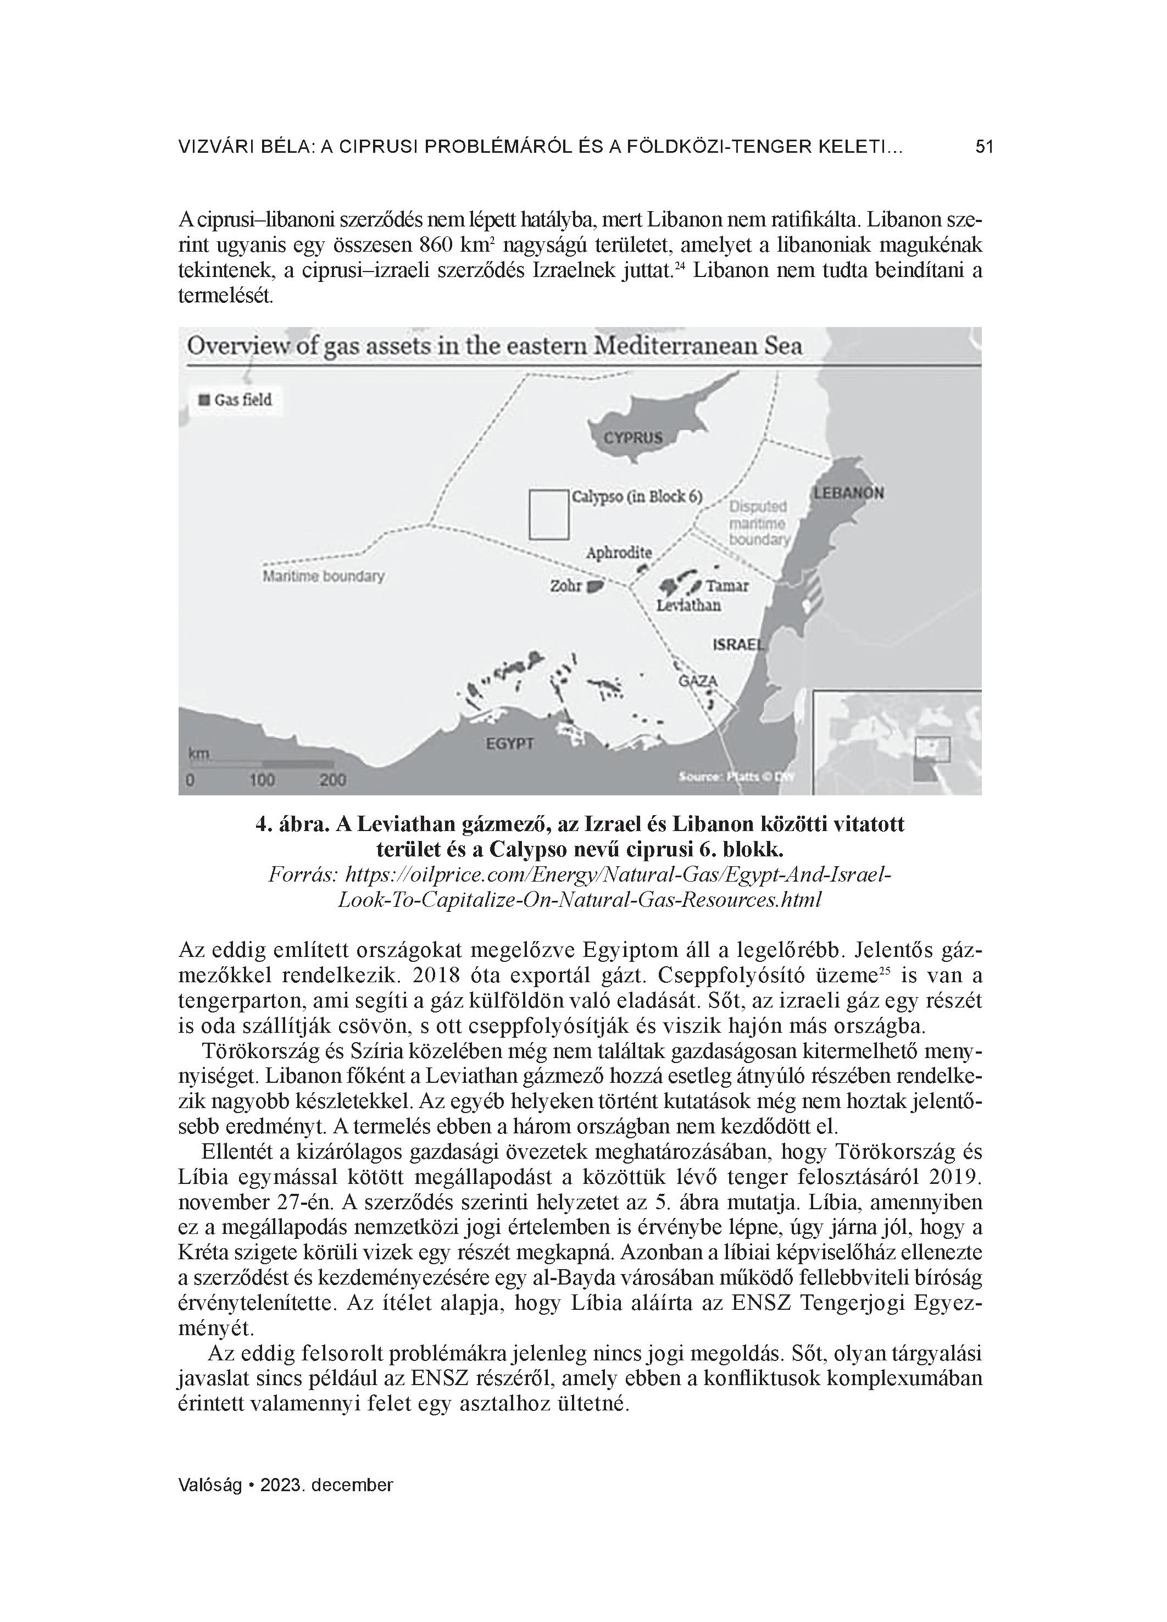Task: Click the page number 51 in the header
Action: pyautogui.click(x=984, y=147)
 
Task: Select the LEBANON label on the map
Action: pyautogui.click(x=848, y=492)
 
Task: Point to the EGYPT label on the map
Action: pyautogui.click(x=510, y=744)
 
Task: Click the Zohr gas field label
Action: pyautogui.click(x=565, y=586)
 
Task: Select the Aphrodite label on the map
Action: pyautogui.click(x=619, y=553)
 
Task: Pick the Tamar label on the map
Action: pyautogui.click(x=727, y=586)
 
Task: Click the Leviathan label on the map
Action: pyautogui.click(x=688, y=606)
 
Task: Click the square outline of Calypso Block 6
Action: pyautogui.click(x=548, y=514)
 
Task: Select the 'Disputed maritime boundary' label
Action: pyautogui.click(x=758, y=523)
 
